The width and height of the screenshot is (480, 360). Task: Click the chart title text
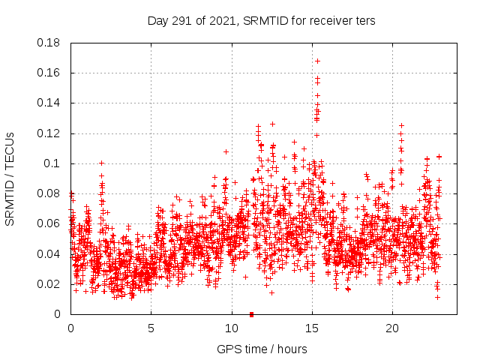(261, 20)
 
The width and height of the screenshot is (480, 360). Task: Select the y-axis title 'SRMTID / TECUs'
(10, 178)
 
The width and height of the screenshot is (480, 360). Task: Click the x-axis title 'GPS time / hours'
(261, 349)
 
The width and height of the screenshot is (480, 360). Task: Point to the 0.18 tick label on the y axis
(49, 43)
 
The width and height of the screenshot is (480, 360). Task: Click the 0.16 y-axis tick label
(49, 73)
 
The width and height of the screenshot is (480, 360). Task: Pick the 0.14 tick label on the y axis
(49, 103)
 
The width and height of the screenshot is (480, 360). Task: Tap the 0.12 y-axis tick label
(49, 133)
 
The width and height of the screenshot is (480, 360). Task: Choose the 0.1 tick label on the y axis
(52, 163)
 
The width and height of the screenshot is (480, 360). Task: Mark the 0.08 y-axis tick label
(49, 193)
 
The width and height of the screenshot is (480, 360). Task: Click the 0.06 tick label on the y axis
(49, 223)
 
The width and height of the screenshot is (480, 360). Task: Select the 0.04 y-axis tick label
(49, 253)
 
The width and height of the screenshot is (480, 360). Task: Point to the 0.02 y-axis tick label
(49, 284)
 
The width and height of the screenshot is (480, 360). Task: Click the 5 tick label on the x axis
(151, 328)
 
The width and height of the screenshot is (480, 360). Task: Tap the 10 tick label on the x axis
(231, 328)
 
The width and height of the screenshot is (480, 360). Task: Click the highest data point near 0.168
(317, 61)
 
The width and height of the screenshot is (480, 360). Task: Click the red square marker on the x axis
(251, 314)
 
